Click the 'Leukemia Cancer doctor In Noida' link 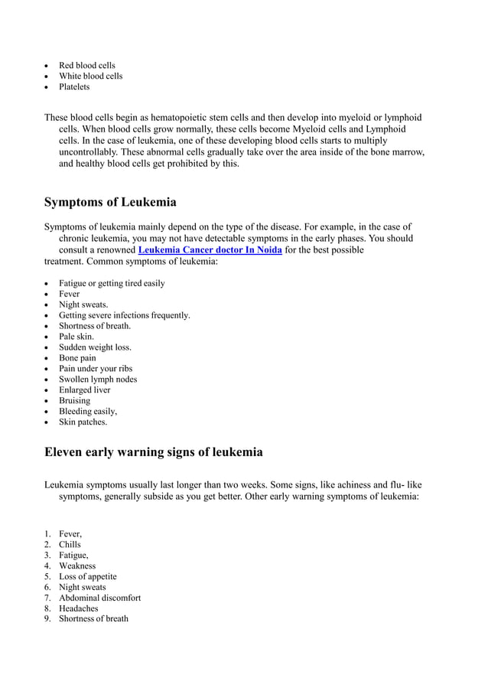pyautogui.click(x=210, y=250)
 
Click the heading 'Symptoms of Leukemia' pyautogui.click(x=110, y=202)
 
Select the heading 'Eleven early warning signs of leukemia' pyautogui.click(x=153, y=452)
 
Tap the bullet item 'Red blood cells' pyautogui.click(x=87, y=65)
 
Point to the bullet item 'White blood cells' pyautogui.click(x=90, y=76)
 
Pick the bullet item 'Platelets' pyautogui.click(x=74, y=86)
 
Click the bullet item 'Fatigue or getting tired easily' pyautogui.click(x=112, y=283)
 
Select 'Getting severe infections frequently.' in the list pyautogui.click(x=125, y=315)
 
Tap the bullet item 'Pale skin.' pyautogui.click(x=76, y=337)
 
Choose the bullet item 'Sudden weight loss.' pyautogui.click(x=95, y=347)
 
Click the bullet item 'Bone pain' pyautogui.click(x=77, y=358)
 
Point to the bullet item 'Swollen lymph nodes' pyautogui.click(x=98, y=380)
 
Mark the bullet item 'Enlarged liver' pyautogui.click(x=84, y=390)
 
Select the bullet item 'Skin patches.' pyautogui.click(x=83, y=422)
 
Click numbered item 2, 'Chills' pyautogui.click(x=70, y=545)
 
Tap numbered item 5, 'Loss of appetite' pyautogui.click(x=87, y=577)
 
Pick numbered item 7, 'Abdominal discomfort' pyautogui.click(x=99, y=598)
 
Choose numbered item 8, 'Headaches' pyautogui.click(x=79, y=608)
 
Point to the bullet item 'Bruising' pyautogui.click(x=74, y=401)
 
